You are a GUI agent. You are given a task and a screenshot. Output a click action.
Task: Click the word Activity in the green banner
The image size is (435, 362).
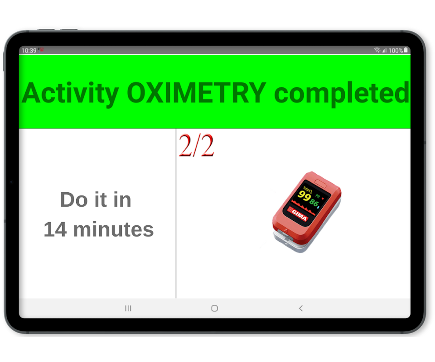click(71, 94)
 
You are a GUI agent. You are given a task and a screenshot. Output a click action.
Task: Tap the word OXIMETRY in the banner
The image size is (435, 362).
click(196, 93)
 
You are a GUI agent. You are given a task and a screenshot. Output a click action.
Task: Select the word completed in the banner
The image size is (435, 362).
click(342, 94)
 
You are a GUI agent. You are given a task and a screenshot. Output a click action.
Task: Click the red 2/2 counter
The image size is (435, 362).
click(196, 145)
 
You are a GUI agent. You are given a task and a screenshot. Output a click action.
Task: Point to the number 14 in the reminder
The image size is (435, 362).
click(55, 229)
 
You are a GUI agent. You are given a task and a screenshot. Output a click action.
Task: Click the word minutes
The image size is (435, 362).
click(113, 229)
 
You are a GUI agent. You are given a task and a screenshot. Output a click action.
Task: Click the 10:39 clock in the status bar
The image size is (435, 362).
click(29, 50)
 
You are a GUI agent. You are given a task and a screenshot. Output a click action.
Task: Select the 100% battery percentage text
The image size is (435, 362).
click(395, 50)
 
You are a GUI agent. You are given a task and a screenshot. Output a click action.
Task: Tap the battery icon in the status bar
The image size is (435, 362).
click(406, 50)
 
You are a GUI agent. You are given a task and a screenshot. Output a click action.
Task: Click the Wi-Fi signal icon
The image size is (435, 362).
click(377, 50)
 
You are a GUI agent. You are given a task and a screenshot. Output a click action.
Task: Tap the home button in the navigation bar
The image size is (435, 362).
click(214, 308)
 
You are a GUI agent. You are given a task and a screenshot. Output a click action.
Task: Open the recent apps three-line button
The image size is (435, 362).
click(128, 308)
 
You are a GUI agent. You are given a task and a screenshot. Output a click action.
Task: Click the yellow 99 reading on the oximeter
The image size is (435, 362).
click(304, 195)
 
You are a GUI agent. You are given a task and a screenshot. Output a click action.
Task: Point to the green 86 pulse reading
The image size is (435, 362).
click(314, 203)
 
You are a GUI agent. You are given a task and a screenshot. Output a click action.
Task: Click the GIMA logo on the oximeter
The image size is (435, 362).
click(299, 214)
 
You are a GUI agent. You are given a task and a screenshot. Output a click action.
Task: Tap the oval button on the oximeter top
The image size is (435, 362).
click(320, 183)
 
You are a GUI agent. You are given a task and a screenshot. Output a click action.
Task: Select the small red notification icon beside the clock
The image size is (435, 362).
click(41, 49)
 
